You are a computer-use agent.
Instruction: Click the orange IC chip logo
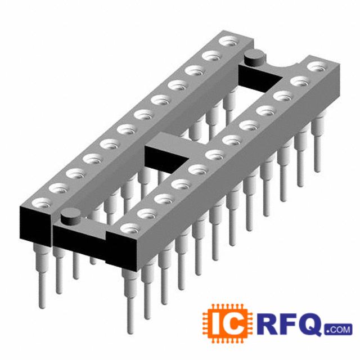[227, 324]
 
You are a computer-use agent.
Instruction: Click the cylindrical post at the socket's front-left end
[71, 217]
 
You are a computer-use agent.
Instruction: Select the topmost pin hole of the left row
[229, 42]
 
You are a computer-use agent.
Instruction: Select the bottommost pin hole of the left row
[42, 204]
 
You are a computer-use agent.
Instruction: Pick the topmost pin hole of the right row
[317, 67]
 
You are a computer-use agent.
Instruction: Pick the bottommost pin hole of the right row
[130, 229]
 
